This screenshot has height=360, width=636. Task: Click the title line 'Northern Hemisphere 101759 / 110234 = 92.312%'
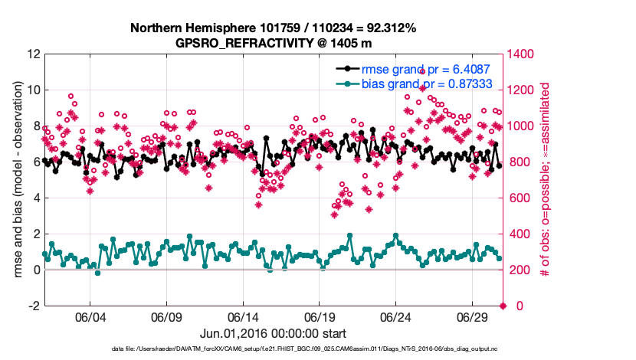[x=274, y=28]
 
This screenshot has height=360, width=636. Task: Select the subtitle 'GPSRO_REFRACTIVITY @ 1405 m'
[x=274, y=43]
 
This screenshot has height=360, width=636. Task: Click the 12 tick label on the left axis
[x=34, y=54]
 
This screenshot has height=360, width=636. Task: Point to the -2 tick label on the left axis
[x=34, y=306]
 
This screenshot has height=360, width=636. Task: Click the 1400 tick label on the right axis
[x=522, y=54]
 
